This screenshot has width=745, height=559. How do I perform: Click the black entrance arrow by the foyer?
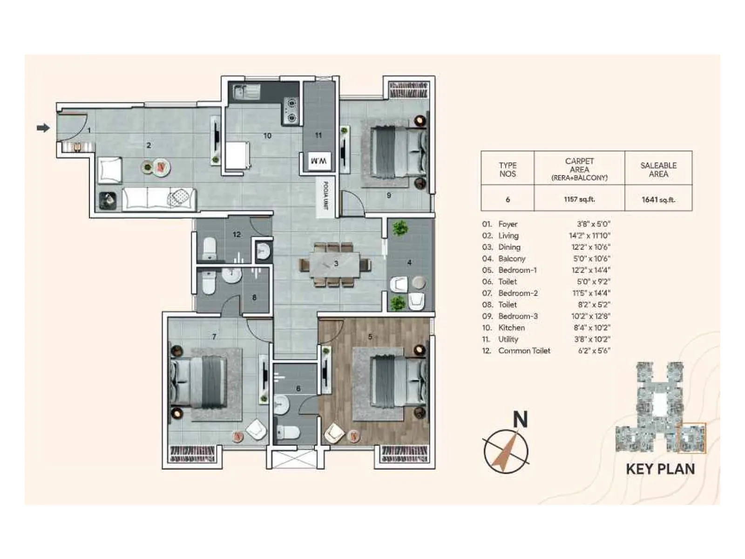click(x=43, y=128)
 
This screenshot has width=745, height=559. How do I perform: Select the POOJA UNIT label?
click(x=325, y=195)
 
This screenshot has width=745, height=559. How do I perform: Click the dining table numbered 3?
click(x=336, y=264)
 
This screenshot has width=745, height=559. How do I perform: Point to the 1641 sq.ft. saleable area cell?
click(x=658, y=199)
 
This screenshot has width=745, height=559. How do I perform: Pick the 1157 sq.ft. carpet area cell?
click(x=579, y=199)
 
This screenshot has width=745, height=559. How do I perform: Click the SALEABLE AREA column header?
click(x=658, y=170)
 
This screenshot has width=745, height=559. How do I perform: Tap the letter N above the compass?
click(x=520, y=420)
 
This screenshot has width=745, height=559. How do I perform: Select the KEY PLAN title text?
click(x=660, y=469)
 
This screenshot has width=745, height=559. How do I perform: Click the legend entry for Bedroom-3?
click(x=518, y=316)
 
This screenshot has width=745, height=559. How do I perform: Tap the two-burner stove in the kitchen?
click(x=291, y=110)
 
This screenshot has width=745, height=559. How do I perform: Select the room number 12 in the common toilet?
click(x=237, y=234)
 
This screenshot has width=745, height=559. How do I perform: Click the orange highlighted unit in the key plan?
click(x=691, y=438)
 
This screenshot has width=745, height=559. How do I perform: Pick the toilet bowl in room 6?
click(x=287, y=433)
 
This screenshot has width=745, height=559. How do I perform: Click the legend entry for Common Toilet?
click(x=524, y=350)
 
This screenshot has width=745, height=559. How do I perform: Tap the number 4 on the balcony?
click(x=409, y=263)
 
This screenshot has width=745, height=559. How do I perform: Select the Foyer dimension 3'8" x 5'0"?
click(x=593, y=224)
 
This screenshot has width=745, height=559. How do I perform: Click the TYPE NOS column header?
click(x=507, y=170)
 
